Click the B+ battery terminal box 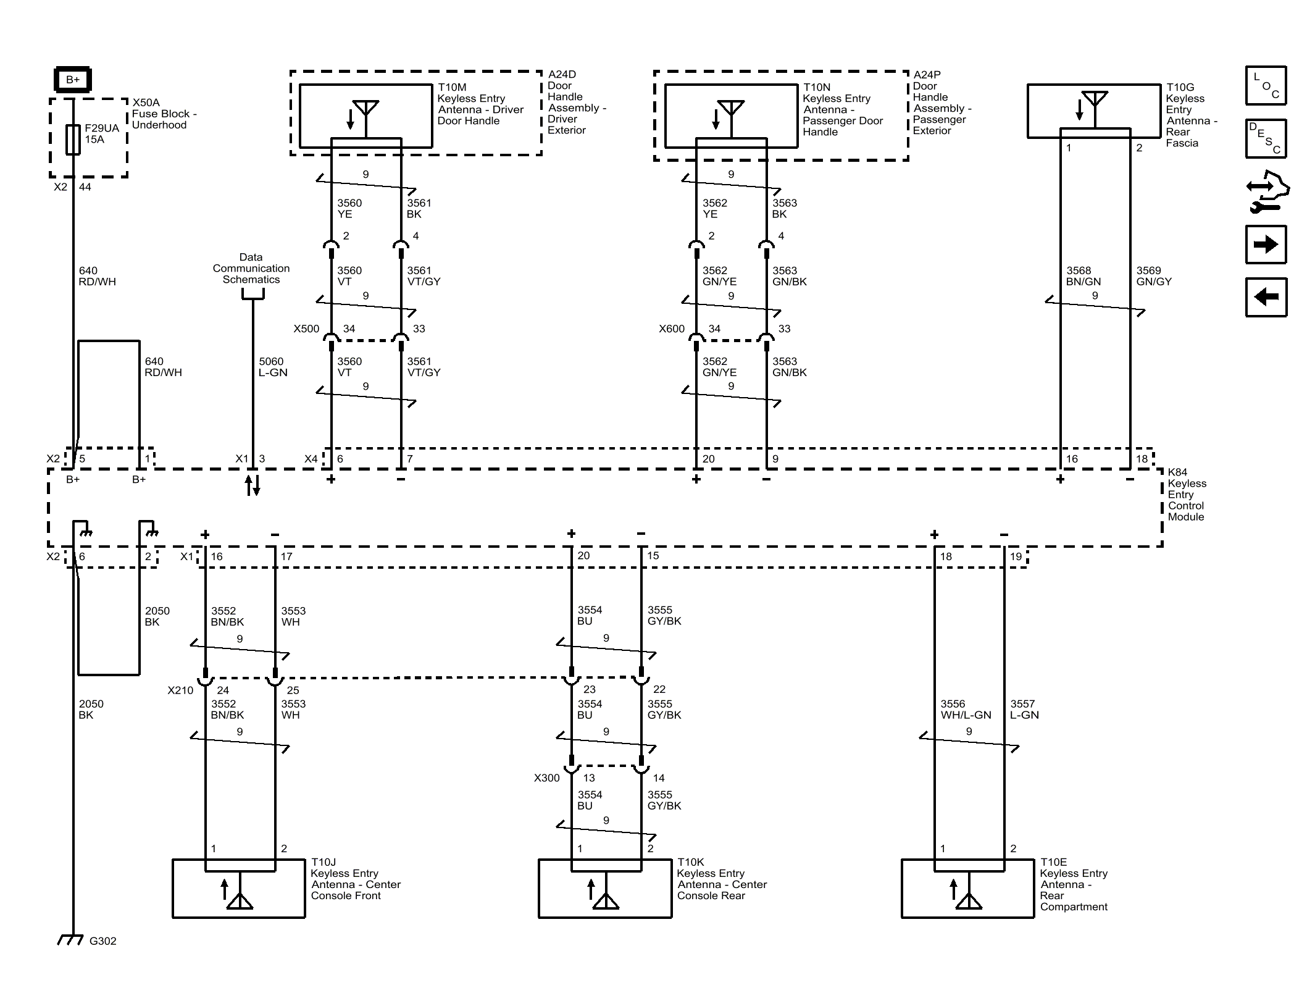(x=73, y=80)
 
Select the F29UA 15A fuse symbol (x=73, y=139)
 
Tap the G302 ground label (x=102, y=941)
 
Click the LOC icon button (x=1266, y=85)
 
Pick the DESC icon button (x=1266, y=138)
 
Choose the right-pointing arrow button (x=1266, y=245)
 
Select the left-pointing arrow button (x=1266, y=297)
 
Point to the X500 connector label (x=306, y=329)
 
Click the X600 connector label (x=672, y=329)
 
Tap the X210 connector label (x=180, y=690)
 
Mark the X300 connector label (x=547, y=778)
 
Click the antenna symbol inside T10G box (x=1094, y=106)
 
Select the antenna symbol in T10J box (x=240, y=894)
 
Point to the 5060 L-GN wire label (x=273, y=367)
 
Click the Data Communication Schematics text (x=251, y=268)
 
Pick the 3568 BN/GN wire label (x=1083, y=276)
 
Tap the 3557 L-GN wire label (x=1024, y=709)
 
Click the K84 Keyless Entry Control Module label (x=1187, y=494)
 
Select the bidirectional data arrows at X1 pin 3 (x=253, y=485)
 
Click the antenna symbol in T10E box (x=968, y=894)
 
